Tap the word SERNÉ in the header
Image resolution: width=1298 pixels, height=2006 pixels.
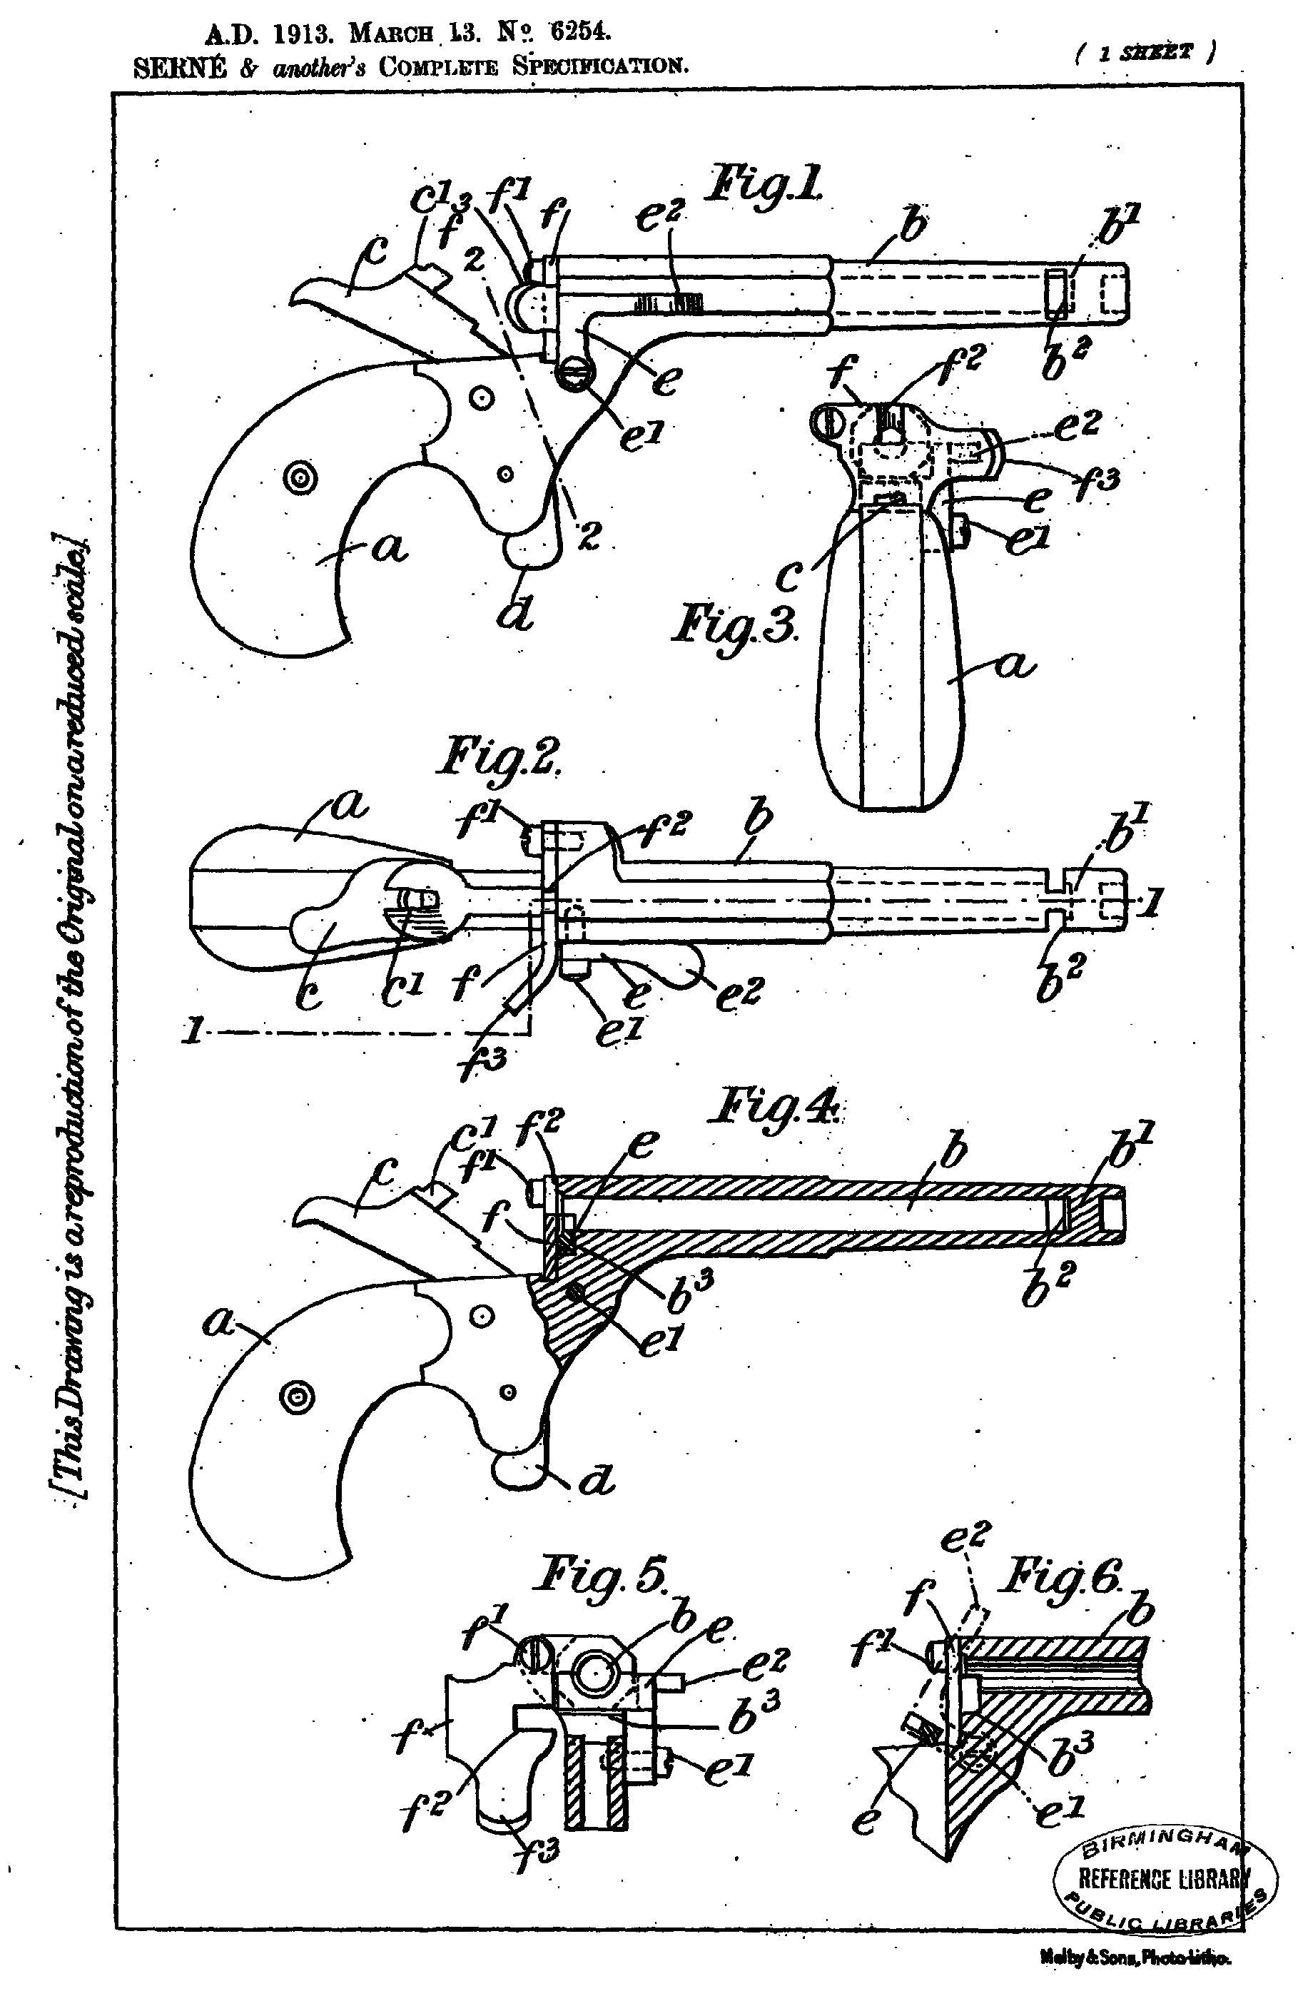click(181, 66)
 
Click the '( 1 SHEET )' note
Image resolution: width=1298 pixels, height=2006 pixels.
click(1145, 53)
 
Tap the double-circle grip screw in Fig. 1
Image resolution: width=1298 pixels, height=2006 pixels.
click(299, 478)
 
